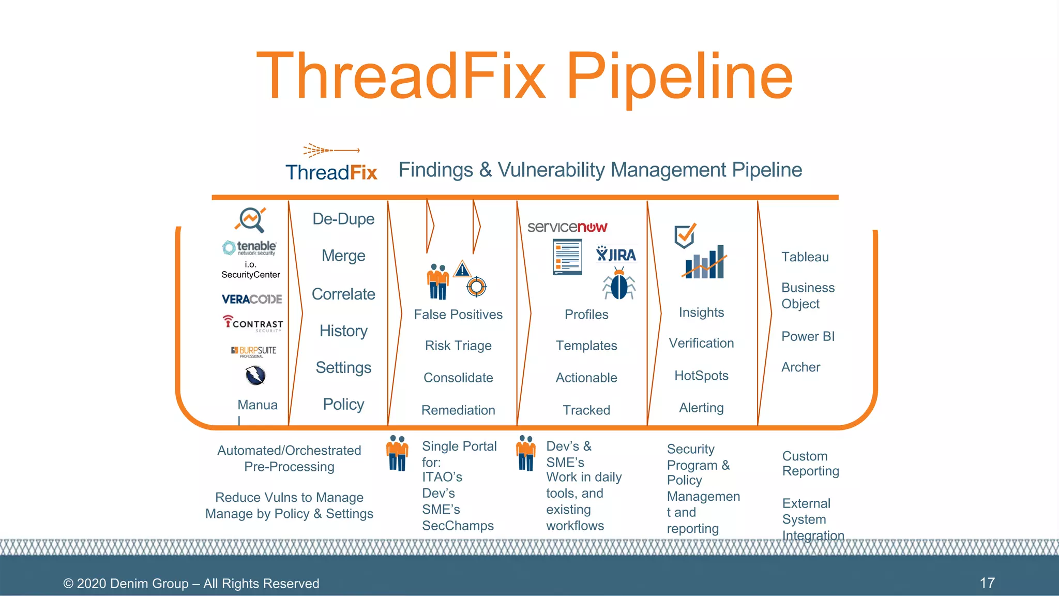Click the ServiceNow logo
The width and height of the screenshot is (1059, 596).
point(567,227)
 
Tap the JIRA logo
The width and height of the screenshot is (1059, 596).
point(616,255)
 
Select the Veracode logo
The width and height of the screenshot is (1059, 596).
point(252,299)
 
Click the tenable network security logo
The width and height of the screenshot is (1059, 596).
point(250,247)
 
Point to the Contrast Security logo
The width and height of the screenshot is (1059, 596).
point(253,323)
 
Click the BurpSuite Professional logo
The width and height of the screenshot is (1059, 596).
point(254,352)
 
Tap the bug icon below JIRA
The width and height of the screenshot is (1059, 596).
point(618,284)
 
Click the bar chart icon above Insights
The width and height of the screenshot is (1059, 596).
point(704,263)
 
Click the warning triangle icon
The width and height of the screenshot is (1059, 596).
point(462,269)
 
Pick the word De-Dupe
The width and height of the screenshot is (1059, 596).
point(343,219)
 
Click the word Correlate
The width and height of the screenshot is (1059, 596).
point(343,294)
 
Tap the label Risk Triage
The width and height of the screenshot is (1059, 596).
point(458,346)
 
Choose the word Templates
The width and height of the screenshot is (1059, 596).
point(586,346)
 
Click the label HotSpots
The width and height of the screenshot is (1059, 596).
point(701,376)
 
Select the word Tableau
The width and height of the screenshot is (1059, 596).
point(805,257)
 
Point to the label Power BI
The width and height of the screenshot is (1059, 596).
point(808,336)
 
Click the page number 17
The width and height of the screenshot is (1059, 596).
point(987,583)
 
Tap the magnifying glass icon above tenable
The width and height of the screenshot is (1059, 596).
point(251,220)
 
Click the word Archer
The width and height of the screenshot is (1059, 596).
point(800,367)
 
